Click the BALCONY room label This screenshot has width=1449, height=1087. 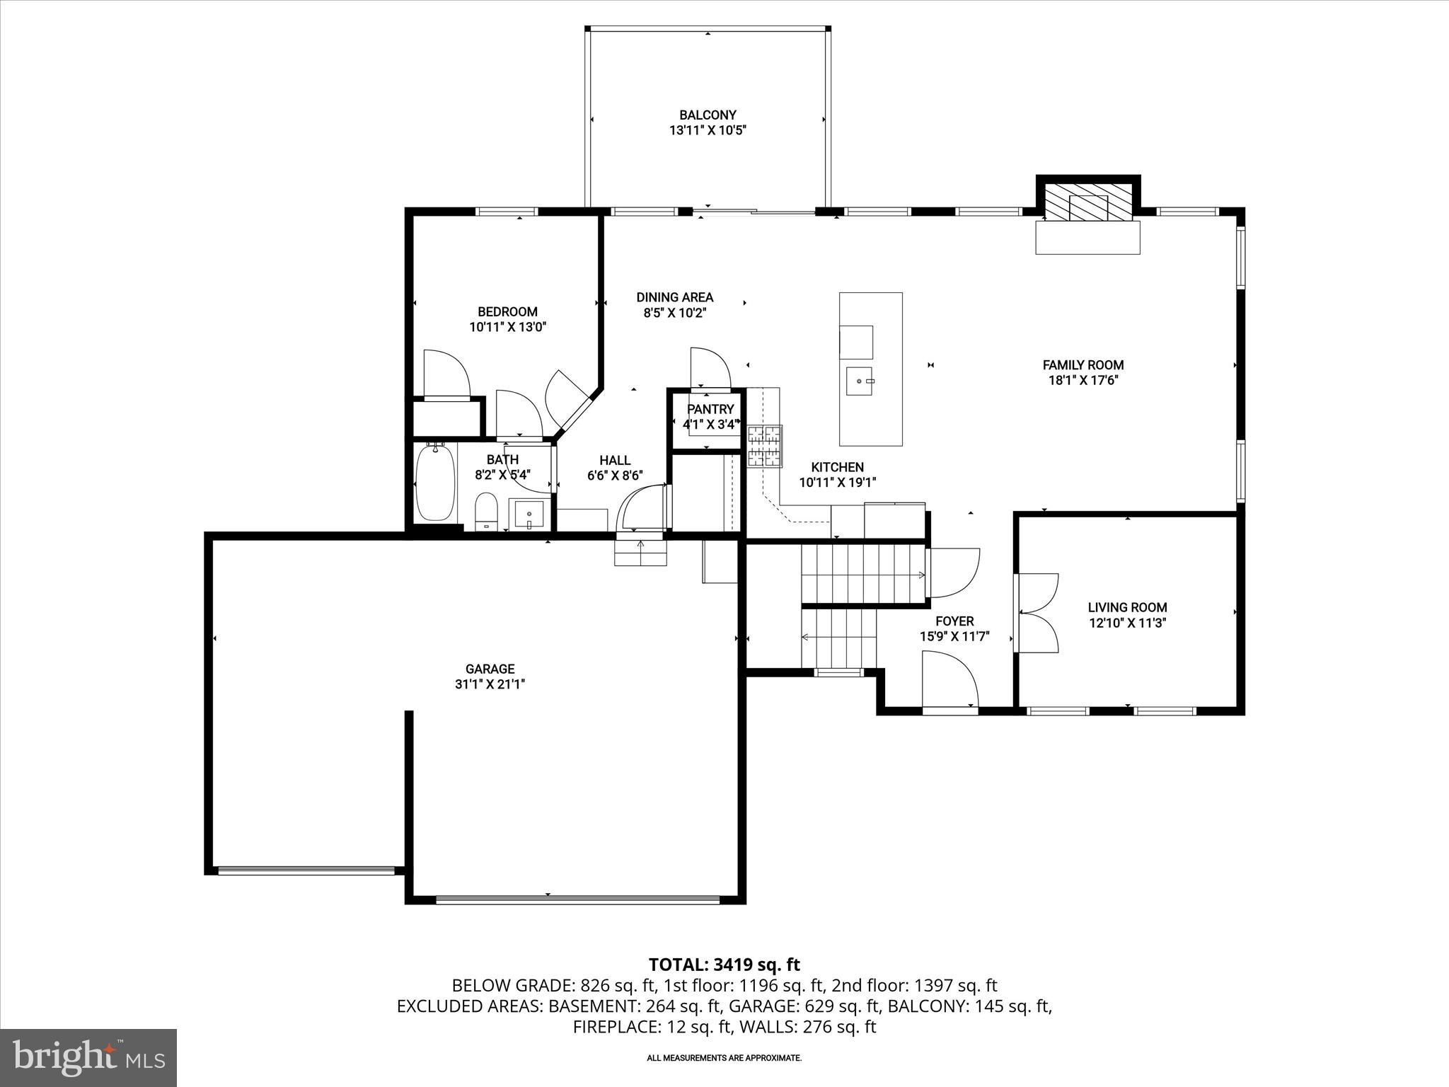(708, 115)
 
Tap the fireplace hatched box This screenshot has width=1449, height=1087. (1088, 204)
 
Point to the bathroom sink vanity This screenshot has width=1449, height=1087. (528, 514)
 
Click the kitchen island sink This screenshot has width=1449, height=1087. (860, 382)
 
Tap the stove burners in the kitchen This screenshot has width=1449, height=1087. (765, 446)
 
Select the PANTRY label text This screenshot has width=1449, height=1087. (710, 409)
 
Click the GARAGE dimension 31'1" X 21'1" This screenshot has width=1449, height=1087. (490, 684)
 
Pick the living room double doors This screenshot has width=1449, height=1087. (1037, 612)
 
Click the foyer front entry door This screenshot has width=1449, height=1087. (949, 679)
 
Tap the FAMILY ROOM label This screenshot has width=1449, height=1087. (1083, 365)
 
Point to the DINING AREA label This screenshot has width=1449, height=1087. (674, 297)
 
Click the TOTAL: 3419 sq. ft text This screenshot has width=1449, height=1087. (724, 965)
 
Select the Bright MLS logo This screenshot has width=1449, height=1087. (88, 1057)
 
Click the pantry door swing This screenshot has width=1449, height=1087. (710, 368)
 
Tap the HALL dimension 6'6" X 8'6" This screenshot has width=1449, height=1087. (614, 476)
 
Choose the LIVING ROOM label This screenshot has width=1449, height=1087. (1127, 607)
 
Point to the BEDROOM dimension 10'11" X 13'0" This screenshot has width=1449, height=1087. (507, 327)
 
